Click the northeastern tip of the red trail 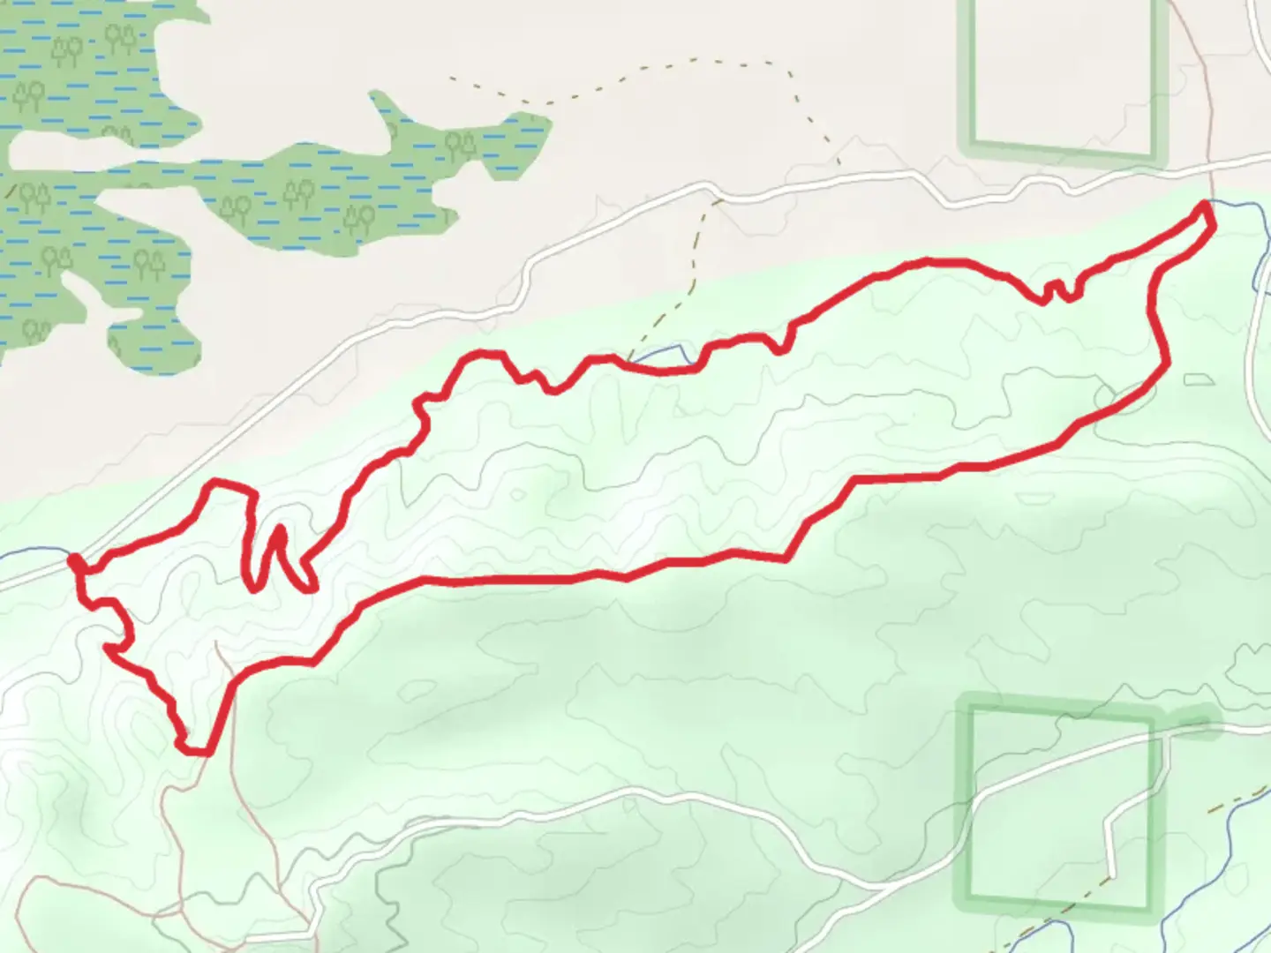[1206, 207]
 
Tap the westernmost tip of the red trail [73, 558]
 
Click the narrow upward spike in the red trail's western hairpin [280, 531]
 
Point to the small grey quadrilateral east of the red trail [1196, 379]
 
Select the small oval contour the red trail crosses [1114, 399]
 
